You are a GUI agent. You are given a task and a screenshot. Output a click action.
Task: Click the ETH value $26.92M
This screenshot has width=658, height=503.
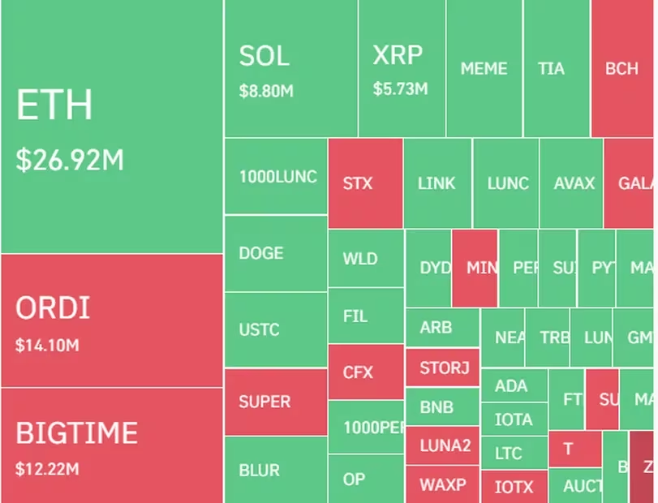(x=70, y=160)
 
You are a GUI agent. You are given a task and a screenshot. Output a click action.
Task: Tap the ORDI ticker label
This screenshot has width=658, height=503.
(x=53, y=308)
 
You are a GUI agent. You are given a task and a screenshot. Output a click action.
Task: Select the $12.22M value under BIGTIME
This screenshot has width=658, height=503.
(x=47, y=468)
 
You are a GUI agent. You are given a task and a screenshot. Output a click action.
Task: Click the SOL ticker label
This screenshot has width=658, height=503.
(x=264, y=57)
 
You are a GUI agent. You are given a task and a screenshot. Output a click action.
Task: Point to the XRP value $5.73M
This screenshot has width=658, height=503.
(x=400, y=88)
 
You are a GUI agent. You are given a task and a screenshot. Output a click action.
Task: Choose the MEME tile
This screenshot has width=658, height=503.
(x=484, y=69)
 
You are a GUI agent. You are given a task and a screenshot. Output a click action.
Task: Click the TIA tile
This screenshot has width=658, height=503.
(x=551, y=69)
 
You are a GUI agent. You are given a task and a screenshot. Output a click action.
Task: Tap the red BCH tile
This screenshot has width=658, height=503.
(x=622, y=69)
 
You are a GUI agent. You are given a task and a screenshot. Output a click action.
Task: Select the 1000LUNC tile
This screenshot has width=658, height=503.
(x=277, y=177)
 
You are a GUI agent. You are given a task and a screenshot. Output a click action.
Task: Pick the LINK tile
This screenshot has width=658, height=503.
(x=437, y=183)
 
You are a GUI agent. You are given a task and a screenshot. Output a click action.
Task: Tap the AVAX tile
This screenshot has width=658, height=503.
(x=574, y=183)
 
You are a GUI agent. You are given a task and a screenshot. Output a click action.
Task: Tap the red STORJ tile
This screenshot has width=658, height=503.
(x=444, y=368)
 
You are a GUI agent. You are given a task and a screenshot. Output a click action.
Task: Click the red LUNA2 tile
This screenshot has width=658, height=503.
(x=444, y=445)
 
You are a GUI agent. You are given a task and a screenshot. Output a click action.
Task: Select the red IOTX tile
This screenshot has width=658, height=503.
(x=514, y=487)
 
